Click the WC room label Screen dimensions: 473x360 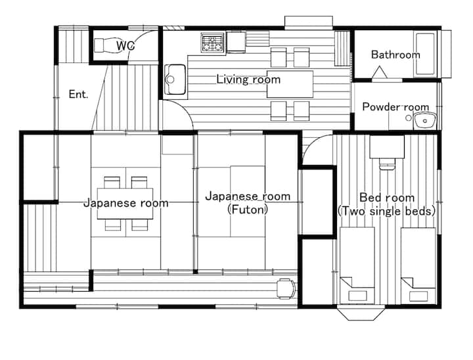[125, 46]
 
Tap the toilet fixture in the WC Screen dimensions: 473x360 [106, 45]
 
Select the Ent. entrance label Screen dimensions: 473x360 [78, 94]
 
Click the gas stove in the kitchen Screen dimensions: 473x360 [212, 42]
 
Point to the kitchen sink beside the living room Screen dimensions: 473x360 [175, 79]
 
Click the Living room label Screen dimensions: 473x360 [248, 79]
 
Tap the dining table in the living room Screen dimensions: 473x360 [290, 84]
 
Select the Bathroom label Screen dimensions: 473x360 [395, 55]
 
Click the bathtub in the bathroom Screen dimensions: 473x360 [425, 54]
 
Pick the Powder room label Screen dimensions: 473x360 [395, 107]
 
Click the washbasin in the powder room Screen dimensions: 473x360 [425, 120]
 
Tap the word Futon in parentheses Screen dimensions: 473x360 [248, 210]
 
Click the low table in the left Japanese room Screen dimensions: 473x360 [125, 204]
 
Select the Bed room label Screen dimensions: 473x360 [387, 198]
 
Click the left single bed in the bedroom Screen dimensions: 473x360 [357, 265]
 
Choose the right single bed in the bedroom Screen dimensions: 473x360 [418, 265]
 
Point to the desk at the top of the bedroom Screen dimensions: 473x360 [387, 146]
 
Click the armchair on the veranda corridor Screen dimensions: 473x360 [286, 289]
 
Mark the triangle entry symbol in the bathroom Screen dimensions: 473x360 [380, 73]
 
